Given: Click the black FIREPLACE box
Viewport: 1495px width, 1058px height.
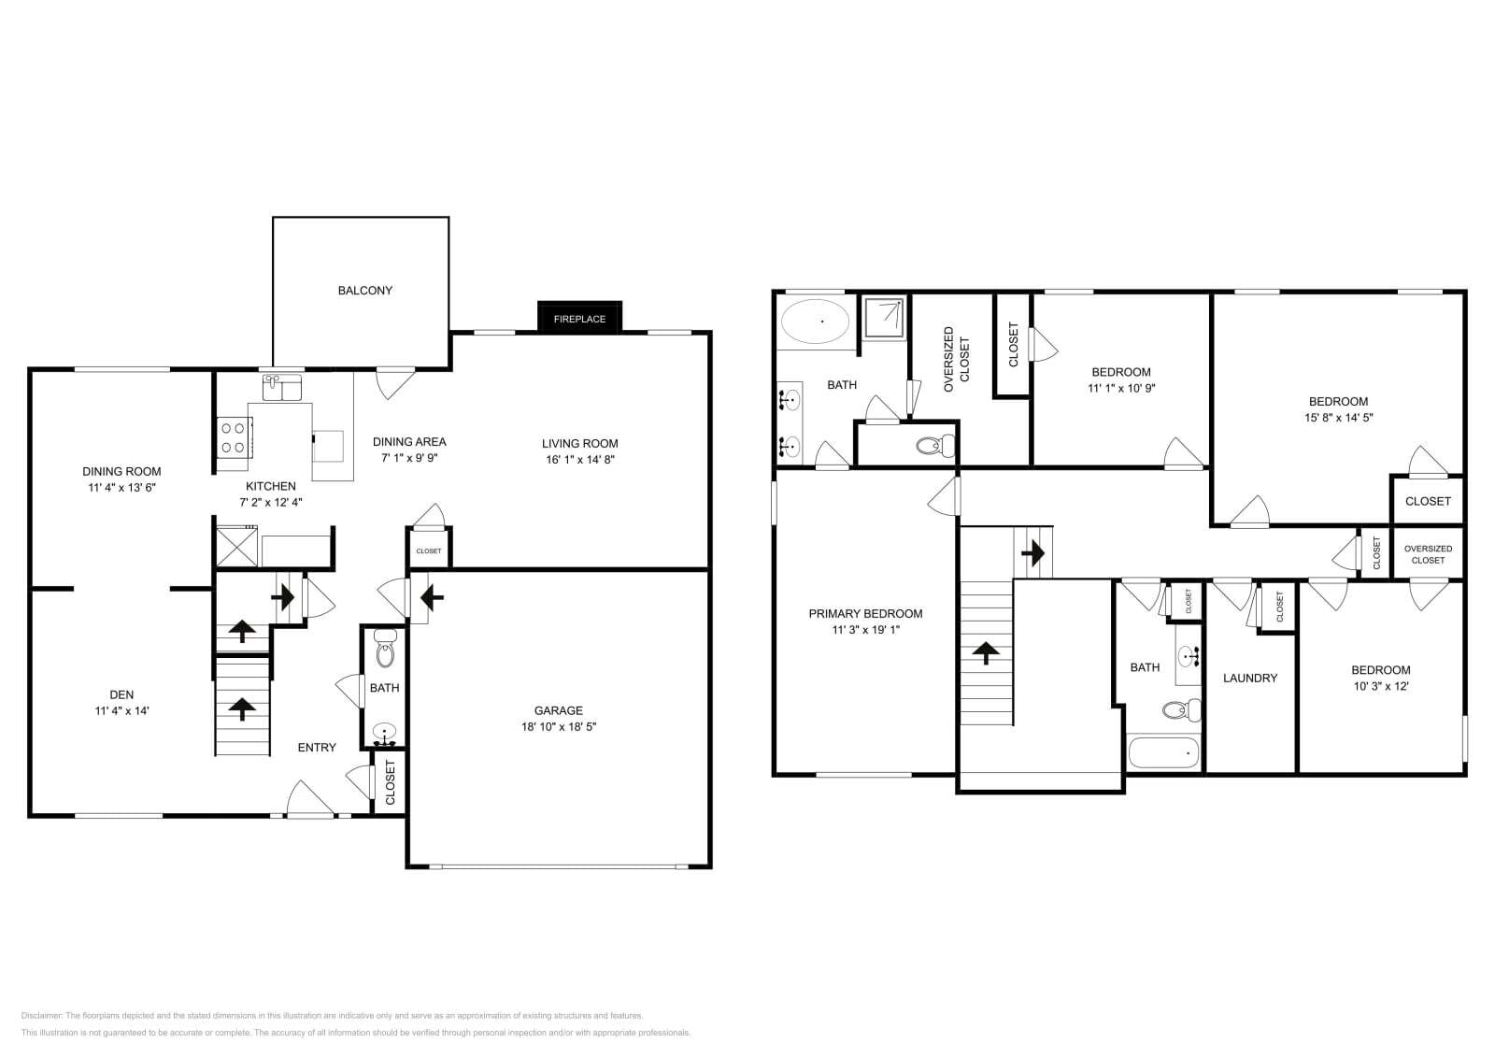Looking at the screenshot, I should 579,318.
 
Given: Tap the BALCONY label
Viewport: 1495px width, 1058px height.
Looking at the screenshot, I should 364,291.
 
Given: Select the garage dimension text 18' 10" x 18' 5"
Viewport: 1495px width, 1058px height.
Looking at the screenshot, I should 559,726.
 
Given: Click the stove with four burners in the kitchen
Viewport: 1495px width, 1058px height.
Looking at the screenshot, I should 233,436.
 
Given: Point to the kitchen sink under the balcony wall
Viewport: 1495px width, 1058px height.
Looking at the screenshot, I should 281,385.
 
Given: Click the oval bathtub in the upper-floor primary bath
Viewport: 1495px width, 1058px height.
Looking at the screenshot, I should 815,322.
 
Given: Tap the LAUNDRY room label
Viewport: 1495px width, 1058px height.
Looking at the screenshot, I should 1249,678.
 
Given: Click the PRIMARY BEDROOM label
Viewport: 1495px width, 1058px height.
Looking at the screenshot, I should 865,614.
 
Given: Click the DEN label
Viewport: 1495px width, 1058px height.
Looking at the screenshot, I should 121,694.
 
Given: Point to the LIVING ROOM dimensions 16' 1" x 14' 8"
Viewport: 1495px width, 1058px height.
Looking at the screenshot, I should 579,460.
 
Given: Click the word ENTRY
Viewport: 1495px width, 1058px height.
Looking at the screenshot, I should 317,747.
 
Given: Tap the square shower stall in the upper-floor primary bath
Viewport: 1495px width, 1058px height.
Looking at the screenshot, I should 882,315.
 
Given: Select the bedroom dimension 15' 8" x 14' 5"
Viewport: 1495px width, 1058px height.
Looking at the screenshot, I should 1338,418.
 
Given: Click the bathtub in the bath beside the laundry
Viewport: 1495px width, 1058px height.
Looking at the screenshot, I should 1163,751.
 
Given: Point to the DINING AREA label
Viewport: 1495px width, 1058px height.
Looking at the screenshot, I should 409,442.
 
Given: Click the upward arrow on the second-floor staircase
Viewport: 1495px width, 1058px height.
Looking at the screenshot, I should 987,651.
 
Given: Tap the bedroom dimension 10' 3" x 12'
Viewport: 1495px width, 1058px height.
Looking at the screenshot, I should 1380,686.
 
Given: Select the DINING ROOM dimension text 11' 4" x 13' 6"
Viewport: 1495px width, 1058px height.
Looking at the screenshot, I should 121,488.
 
